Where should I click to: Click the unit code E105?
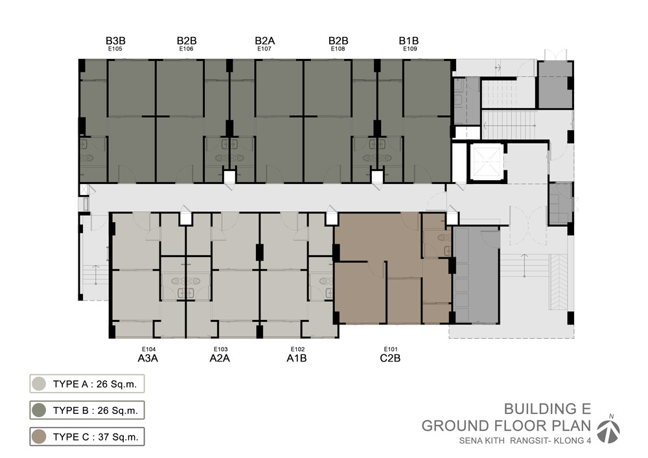click(x=115, y=49)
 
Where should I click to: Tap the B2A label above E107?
click(x=265, y=40)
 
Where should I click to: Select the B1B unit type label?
click(x=409, y=40)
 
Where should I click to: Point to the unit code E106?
click(x=187, y=49)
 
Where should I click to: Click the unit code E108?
click(x=338, y=49)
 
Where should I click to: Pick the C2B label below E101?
click(x=390, y=358)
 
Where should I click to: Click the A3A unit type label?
click(x=148, y=358)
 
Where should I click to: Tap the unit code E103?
click(x=221, y=349)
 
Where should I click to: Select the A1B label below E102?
click(x=297, y=358)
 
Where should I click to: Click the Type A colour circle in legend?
click(x=39, y=384)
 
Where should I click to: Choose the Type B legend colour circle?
click(x=39, y=410)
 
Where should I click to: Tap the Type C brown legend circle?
click(x=39, y=437)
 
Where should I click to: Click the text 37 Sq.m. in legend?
click(x=118, y=437)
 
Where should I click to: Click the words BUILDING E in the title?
click(x=548, y=409)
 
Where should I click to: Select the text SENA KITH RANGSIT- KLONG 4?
click(x=526, y=441)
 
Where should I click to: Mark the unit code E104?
click(x=149, y=349)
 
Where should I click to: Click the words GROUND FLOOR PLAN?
click(x=506, y=426)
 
